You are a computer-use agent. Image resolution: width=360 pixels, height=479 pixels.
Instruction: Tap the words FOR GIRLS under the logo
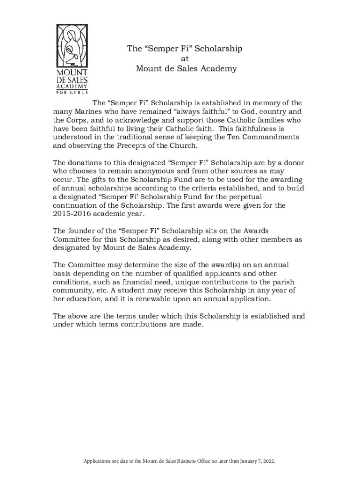click(72, 92)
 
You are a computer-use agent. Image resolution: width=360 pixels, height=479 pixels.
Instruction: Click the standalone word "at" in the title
click(185, 59)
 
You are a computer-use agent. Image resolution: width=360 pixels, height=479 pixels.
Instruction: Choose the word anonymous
click(150, 171)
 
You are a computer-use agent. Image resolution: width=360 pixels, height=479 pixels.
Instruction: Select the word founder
click(82, 231)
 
